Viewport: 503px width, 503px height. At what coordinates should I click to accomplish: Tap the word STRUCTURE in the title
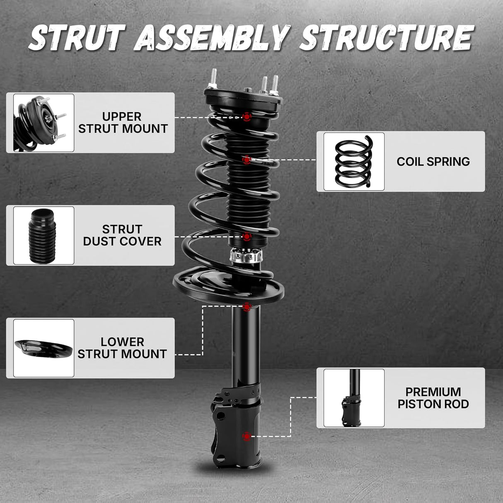point(386,38)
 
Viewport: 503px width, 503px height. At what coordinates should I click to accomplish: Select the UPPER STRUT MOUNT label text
point(123,123)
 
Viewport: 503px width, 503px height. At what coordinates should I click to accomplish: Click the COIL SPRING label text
point(433,162)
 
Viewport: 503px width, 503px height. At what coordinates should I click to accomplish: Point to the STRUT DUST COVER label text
point(122,235)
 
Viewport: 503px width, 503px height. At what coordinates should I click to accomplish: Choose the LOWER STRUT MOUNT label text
point(122,348)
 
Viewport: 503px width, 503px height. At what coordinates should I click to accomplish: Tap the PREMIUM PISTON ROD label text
point(433,398)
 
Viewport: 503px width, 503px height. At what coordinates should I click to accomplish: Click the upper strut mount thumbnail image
point(44,123)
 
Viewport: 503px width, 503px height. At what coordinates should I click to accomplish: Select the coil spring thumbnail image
point(354,162)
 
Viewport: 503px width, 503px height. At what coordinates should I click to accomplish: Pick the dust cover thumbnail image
point(44,235)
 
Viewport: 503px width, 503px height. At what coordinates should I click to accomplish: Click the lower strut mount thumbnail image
point(44,348)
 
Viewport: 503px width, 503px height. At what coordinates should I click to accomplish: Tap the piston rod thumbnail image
point(354,398)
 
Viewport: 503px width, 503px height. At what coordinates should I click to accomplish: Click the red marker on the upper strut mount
point(247,117)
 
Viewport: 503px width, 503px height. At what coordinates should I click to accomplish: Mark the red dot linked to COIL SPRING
point(247,160)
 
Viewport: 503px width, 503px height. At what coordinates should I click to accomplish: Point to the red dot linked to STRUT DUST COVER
point(247,237)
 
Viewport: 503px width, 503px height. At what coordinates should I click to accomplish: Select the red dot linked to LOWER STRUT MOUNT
point(247,307)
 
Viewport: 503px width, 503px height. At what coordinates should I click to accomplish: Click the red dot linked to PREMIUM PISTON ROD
point(247,436)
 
